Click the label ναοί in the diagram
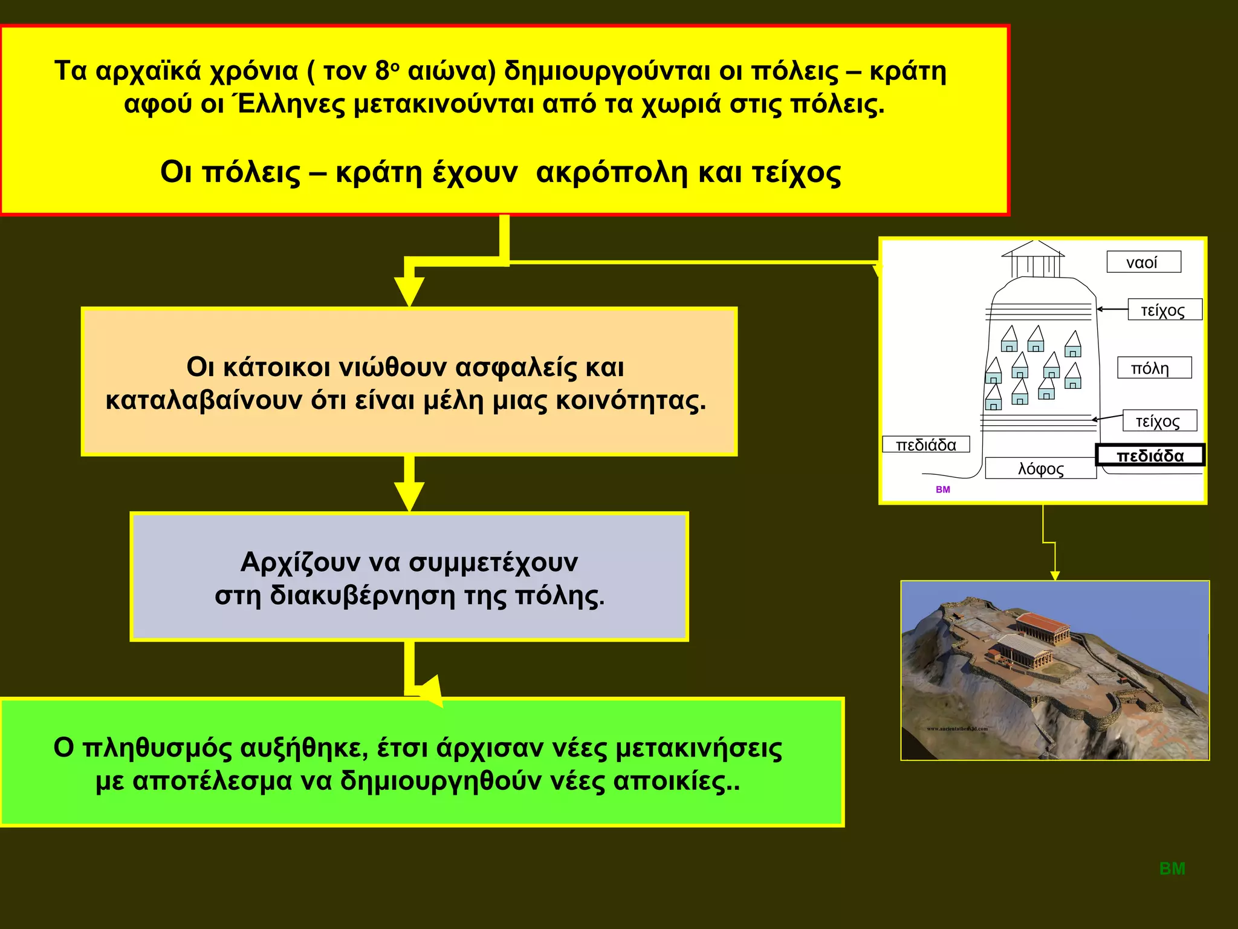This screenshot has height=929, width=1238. pyautogui.click(x=1143, y=262)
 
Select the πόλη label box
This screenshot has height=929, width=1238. pyautogui.click(x=1153, y=368)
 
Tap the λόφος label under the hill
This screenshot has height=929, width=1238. pyautogui.click(x=1040, y=469)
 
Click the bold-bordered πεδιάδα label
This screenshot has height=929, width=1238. pyautogui.click(x=1150, y=455)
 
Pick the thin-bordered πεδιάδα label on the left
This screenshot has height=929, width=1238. pyautogui.click(x=925, y=445)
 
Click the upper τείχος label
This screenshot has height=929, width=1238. pyautogui.click(x=1164, y=310)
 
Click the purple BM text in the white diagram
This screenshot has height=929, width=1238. pyautogui.click(x=942, y=489)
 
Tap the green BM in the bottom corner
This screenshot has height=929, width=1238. pyautogui.click(x=1172, y=869)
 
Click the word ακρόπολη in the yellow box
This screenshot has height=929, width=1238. pyautogui.click(x=611, y=172)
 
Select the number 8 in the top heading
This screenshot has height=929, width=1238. pyautogui.click(x=383, y=71)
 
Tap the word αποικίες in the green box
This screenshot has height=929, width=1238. pyautogui.click(x=676, y=781)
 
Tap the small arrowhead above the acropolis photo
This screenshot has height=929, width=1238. pyautogui.click(x=1055, y=575)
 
